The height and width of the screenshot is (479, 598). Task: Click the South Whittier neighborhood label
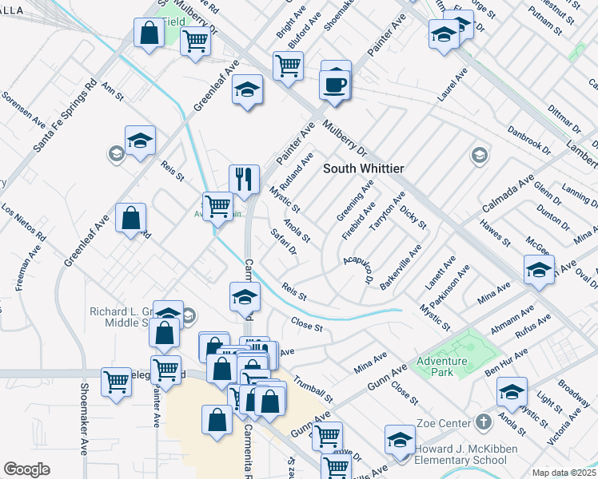click(364, 168)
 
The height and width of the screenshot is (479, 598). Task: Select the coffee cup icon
click(335, 85)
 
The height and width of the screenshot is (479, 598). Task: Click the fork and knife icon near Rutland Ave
click(242, 179)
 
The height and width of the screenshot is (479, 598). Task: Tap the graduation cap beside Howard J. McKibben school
click(400, 439)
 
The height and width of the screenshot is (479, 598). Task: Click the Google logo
click(26, 469)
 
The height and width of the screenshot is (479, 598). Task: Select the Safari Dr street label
click(284, 243)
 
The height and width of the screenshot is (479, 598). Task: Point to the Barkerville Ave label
click(412, 268)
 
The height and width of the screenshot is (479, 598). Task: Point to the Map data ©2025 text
click(564, 473)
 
